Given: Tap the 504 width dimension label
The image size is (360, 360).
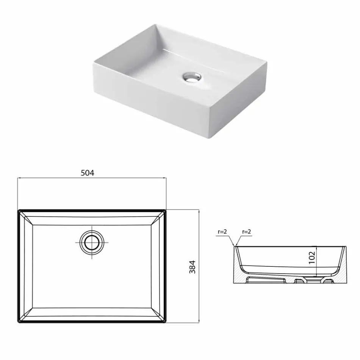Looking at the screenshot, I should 88,173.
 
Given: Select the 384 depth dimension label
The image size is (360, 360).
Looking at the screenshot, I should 192,267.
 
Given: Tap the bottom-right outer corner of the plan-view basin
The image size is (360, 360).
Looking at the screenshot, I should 166,323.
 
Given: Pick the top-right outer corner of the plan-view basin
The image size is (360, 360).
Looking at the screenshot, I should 166,210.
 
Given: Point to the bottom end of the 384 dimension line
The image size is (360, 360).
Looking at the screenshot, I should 199,323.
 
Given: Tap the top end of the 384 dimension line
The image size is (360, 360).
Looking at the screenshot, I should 199,210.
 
